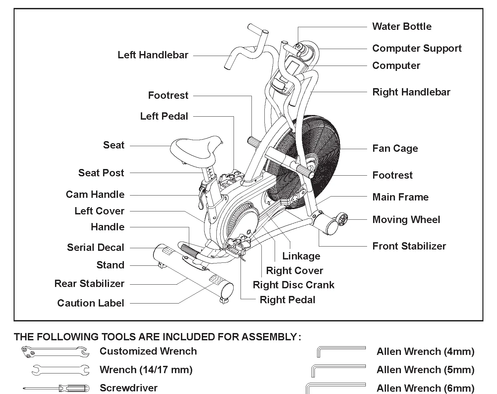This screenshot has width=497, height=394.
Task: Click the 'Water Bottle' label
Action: tap(402, 27)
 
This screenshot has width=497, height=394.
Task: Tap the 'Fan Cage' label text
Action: tap(395, 148)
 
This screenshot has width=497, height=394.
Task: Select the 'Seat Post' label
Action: tap(101, 173)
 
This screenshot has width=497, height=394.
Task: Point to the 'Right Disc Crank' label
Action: tap(293, 285)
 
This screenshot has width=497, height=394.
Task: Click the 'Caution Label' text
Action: tap(90, 303)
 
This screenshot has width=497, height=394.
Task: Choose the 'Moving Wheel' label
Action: tap(406, 220)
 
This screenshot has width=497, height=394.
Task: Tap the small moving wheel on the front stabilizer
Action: tap(343, 219)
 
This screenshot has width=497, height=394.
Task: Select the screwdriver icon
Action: tap(56, 388)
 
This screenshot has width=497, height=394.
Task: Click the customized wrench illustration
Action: tap(55, 352)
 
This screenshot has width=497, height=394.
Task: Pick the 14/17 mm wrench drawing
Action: tap(61, 370)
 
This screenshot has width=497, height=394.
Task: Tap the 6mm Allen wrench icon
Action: tap(335, 387)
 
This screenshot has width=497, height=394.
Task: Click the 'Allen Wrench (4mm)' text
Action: tap(425, 351)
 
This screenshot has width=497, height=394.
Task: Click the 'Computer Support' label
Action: tap(417, 48)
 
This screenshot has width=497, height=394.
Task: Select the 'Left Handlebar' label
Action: tap(153, 55)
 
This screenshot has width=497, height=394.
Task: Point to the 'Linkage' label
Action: tap(301, 256)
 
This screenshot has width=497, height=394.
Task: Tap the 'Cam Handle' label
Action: tap(95, 195)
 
